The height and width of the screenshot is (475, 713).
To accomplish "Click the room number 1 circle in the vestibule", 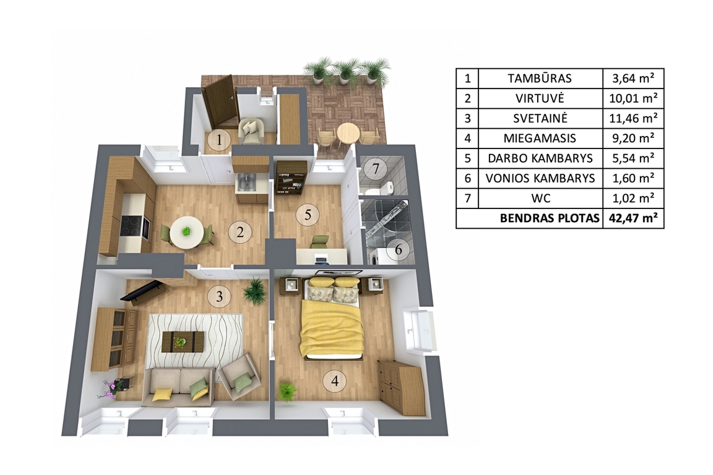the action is click(219, 140).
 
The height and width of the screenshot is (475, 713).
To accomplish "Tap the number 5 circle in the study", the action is click(308, 213).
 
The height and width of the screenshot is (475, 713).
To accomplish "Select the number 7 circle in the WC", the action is click(376, 169).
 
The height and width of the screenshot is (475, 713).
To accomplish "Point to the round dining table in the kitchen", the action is click(187, 232).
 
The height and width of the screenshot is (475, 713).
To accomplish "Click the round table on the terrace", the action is click(348, 134).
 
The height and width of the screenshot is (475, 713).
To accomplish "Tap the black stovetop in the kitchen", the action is click(132, 226).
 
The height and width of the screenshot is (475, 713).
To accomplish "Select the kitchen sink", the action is click(246, 182).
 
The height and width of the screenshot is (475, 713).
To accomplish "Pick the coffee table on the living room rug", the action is click(183, 341).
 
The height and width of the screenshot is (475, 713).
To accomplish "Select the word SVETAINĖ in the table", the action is click(540, 118).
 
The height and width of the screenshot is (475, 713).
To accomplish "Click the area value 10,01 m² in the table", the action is click(633, 98).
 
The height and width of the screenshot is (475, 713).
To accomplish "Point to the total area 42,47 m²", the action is click(633, 218).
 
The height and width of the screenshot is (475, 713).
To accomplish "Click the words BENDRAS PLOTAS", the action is click(550, 218).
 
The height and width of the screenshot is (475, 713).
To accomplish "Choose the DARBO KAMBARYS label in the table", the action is click(540, 158).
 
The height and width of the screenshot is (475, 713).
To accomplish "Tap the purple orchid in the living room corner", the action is click(109, 388).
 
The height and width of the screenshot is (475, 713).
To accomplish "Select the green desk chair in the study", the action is click(320, 242).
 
